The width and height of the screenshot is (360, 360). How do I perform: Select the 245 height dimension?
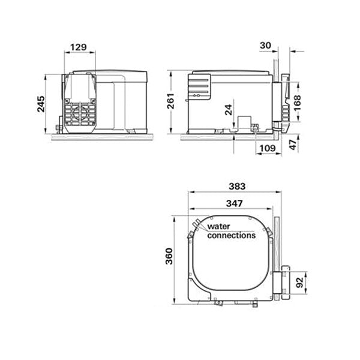coord(39,106)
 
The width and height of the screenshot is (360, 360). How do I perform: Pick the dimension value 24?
coord(229,109)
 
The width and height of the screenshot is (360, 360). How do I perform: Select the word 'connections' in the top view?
coord(232,236)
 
